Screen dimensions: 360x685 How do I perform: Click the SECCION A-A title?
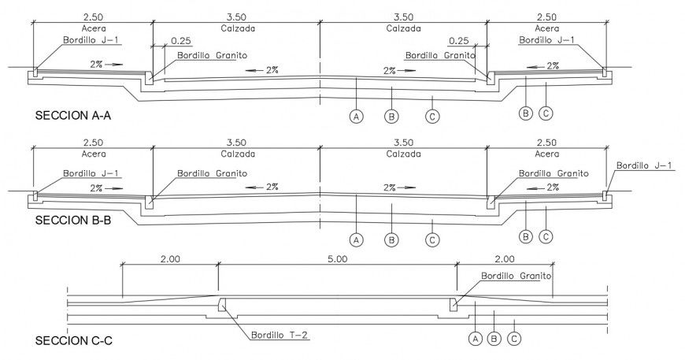point(72,116)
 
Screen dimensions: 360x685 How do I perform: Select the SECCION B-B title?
point(72,221)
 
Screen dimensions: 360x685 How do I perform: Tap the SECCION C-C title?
point(73,343)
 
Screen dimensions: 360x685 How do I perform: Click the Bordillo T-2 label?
point(280,335)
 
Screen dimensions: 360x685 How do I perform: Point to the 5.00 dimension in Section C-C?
point(337,258)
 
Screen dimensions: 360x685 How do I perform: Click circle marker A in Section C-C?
point(474,339)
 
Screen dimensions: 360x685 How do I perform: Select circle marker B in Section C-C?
point(494,339)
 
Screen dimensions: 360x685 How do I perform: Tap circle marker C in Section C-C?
point(514,339)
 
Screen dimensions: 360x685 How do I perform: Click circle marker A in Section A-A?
point(356,117)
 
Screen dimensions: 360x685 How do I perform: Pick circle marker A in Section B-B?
point(356,238)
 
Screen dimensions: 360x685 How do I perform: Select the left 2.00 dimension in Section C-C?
point(170,258)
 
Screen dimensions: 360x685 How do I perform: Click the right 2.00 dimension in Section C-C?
point(504,258)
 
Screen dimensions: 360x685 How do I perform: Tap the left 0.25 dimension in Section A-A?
point(180,41)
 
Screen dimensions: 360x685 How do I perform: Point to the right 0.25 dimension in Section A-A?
point(459,41)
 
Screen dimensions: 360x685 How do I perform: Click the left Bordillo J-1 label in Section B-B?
point(92,173)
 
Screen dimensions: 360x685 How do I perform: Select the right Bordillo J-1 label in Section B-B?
point(644,165)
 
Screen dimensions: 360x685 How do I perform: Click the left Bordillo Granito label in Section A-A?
point(212,56)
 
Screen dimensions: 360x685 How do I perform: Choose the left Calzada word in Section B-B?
point(235,154)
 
